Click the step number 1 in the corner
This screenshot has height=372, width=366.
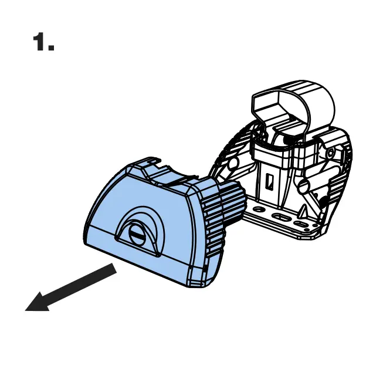pos(39,42)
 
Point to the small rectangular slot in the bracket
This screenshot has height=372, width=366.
pos(271,182)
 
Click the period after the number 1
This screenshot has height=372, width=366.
pos(52,49)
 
